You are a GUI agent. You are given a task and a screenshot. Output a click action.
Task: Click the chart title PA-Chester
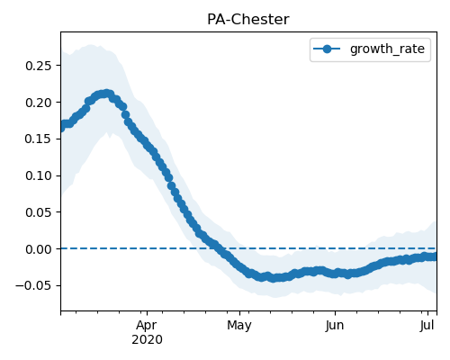click(x=248, y=20)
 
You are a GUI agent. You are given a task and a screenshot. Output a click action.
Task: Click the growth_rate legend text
click(x=387, y=49)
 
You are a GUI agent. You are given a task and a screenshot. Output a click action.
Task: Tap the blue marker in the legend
click(x=327, y=49)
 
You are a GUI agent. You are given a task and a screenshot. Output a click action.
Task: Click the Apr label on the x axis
click(x=147, y=326)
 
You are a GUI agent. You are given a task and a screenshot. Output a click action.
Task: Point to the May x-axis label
click(x=239, y=326)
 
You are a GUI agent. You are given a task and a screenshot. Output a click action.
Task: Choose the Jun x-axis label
click(x=335, y=326)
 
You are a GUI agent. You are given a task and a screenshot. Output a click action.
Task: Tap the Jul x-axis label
click(x=427, y=326)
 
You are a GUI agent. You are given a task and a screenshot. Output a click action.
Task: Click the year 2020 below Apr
click(x=147, y=340)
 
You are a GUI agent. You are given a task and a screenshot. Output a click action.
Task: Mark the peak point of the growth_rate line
click(x=106, y=94)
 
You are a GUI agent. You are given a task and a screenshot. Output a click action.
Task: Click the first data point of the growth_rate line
click(x=61, y=128)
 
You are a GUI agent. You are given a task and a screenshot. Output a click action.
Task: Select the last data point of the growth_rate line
click(x=434, y=256)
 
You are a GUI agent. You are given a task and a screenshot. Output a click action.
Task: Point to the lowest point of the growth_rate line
click(x=273, y=278)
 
